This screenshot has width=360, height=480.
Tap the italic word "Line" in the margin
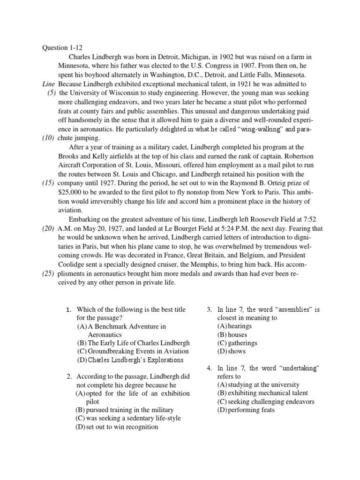click(48, 84)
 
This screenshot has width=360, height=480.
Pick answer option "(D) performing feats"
click(246, 410)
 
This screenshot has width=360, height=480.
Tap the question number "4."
click(210, 368)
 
